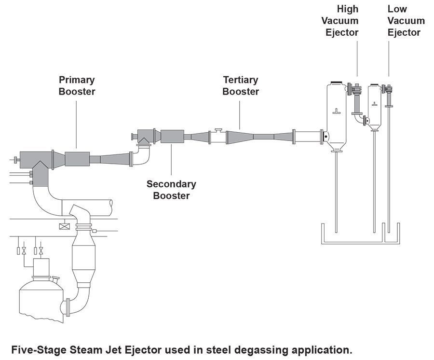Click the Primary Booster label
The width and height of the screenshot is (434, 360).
point(77,85)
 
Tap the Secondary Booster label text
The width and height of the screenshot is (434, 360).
point(171,190)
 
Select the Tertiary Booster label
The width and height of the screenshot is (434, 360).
point(240,85)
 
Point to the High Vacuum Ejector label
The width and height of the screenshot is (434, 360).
point(348,21)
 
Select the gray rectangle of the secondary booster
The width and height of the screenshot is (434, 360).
point(172,137)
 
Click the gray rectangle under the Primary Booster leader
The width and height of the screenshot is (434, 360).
point(77,158)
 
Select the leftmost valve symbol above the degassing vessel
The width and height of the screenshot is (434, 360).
point(21,251)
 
